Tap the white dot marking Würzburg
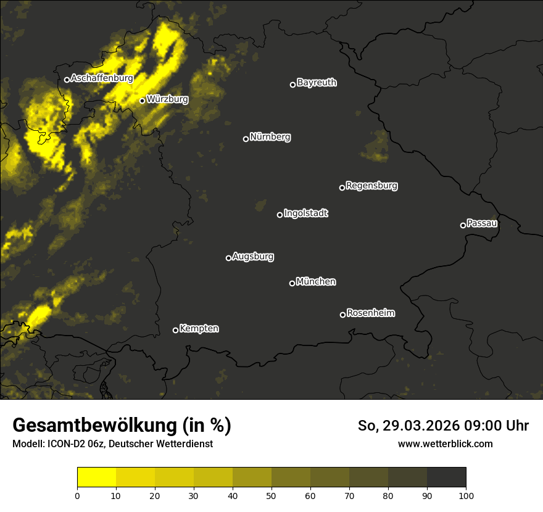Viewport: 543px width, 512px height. (142, 101)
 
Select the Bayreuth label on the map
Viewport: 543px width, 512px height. (317, 83)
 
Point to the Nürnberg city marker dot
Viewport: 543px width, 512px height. (246, 139)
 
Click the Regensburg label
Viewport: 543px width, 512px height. (371, 186)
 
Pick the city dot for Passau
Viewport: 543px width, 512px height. (463, 225)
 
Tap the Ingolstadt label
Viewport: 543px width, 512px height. (306, 213)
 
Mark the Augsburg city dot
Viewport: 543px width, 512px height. (228, 258)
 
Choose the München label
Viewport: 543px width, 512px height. (316, 282)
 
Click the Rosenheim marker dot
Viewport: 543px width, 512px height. (342, 315)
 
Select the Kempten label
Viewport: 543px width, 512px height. (199, 329)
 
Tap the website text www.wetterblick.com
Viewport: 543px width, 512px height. (445, 444)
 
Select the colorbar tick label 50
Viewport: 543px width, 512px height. (271, 496)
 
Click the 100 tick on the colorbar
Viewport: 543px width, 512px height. (466, 496)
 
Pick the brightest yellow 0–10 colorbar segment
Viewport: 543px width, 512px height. (97, 477)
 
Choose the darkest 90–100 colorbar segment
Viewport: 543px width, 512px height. (446, 477)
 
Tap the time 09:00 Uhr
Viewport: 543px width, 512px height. (497, 426)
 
